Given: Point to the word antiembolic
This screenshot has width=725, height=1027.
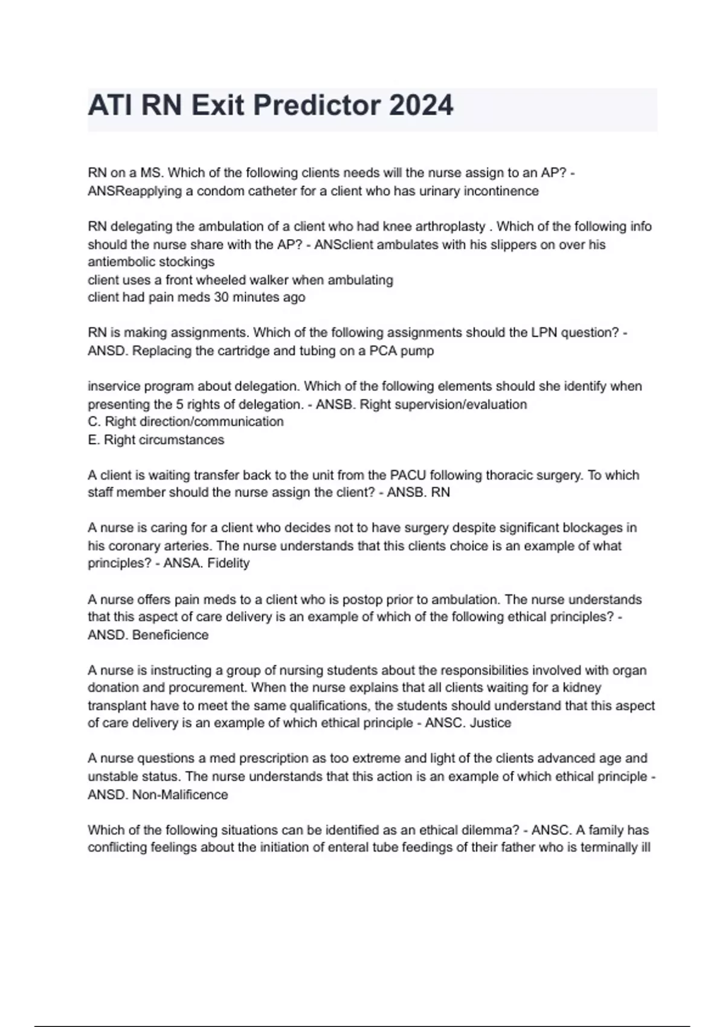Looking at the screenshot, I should click(x=121, y=262).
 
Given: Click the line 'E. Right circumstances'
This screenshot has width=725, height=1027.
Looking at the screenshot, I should click(x=156, y=440).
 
